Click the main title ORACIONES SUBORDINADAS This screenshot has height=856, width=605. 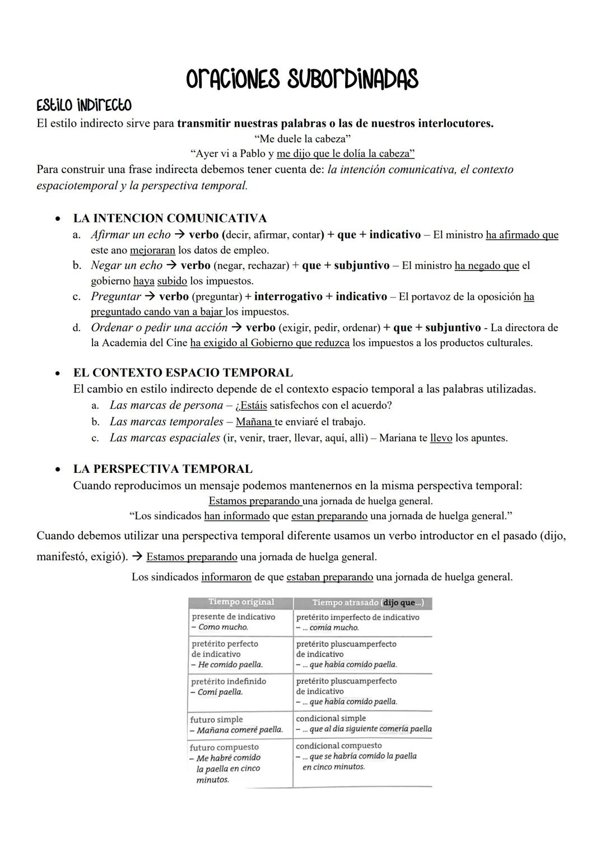tap(302, 79)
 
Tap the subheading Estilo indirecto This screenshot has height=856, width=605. tap(84, 105)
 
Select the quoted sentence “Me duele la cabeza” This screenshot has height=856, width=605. tap(302, 138)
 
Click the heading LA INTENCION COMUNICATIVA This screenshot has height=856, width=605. tap(170, 218)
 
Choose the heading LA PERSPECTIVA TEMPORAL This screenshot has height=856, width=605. tap(162, 469)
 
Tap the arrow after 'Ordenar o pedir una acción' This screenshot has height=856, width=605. tap(236, 328)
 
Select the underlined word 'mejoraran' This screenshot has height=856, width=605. tap(152, 250)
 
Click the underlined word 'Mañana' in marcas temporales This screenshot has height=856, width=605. tap(254, 422)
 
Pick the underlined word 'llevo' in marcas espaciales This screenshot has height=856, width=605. tap(441, 438)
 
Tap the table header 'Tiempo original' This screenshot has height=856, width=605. tap(241, 602)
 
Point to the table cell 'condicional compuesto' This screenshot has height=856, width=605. tap(338, 746)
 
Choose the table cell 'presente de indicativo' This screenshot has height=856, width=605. tap(233, 617)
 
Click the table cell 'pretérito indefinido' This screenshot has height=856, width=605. tap(229, 681)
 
